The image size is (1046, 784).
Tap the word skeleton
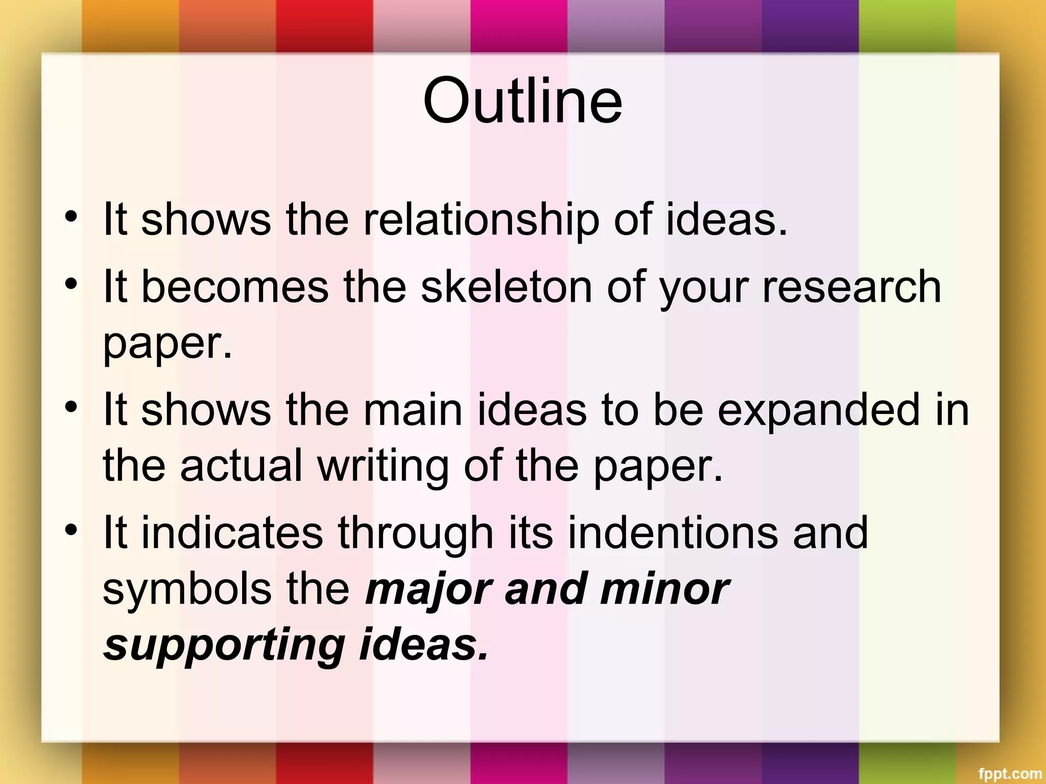[x=506, y=287]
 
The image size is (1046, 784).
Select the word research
[x=851, y=287]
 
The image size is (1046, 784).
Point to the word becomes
[x=234, y=287]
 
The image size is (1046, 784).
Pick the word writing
[x=383, y=465]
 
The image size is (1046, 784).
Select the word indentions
[x=673, y=533]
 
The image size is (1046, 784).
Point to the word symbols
[x=187, y=589]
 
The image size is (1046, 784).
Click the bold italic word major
[x=428, y=590]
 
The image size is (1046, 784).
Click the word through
[x=415, y=534]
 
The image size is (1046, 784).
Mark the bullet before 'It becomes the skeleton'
[x=72, y=283]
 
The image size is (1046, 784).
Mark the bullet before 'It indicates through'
[x=72, y=529]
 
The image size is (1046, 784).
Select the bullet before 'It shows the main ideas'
[x=72, y=406]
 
